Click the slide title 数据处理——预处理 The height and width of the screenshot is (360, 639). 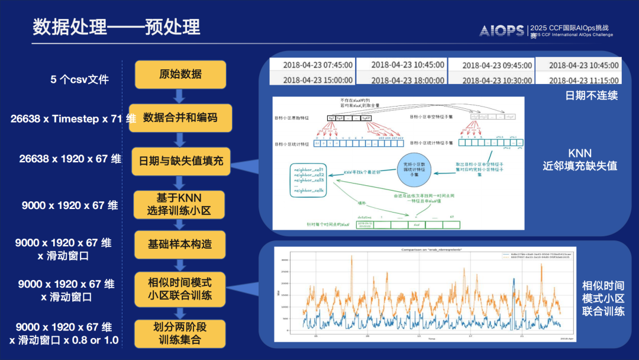[x=116, y=27]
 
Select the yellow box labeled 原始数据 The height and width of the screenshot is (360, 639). [x=180, y=74]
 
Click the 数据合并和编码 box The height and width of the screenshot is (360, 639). [x=180, y=117]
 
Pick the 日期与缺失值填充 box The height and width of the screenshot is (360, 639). [x=180, y=160]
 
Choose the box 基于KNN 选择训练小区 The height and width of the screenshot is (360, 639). [x=180, y=204]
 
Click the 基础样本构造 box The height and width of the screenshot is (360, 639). [x=180, y=244]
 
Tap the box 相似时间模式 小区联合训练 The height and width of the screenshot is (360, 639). [x=180, y=288]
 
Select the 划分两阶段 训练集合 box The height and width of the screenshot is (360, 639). [x=180, y=333]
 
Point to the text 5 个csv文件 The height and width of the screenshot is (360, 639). [x=80, y=79]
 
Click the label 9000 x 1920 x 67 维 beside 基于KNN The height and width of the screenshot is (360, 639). [x=70, y=205]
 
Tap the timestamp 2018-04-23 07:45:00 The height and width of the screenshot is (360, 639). [x=318, y=65]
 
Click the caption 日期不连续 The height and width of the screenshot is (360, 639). [x=592, y=95]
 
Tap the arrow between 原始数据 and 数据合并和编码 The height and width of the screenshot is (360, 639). [x=180, y=95]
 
